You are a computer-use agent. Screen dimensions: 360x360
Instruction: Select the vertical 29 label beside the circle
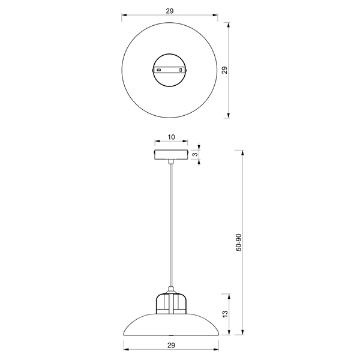pyautogui.click(x=224, y=70)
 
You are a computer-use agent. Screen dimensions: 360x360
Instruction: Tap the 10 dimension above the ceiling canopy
pyautogui.click(x=171, y=137)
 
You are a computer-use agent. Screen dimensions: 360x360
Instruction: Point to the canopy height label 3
pyautogui.click(x=195, y=154)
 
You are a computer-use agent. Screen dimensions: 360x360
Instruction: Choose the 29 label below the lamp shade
pyautogui.click(x=170, y=346)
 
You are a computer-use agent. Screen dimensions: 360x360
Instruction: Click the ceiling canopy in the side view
pyautogui.click(x=171, y=155)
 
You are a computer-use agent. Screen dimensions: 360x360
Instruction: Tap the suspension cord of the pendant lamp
pyautogui.click(x=171, y=228)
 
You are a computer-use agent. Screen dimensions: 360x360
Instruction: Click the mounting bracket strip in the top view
pyautogui.click(x=170, y=70)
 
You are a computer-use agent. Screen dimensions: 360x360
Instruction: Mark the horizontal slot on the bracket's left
pyautogui.click(x=160, y=70)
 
